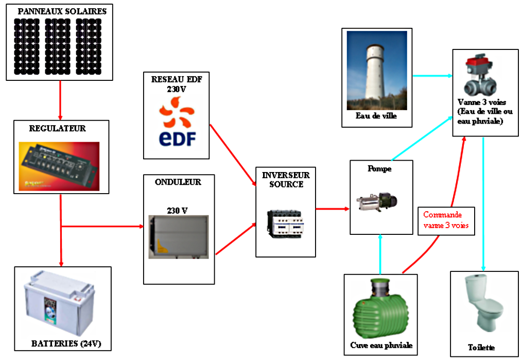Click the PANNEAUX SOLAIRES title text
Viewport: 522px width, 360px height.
click(x=61, y=11)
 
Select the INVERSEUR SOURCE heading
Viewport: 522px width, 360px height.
click(x=286, y=179)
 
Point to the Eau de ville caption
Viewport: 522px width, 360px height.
click(x=376, y=116)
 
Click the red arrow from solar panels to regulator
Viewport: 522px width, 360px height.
click(x=61, y=100)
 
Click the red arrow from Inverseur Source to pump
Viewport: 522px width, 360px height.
click(x=332, y=209)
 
